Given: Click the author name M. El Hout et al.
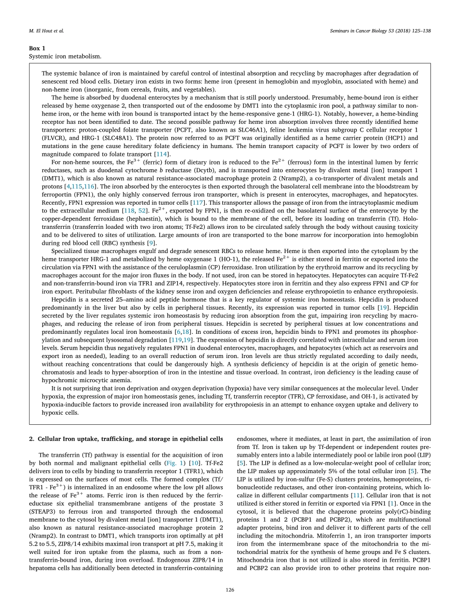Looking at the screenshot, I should (46, 31).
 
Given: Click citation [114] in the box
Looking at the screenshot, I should (160, 154).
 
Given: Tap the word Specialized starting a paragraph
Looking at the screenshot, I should (68, 251).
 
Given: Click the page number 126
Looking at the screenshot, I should (230, 590).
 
